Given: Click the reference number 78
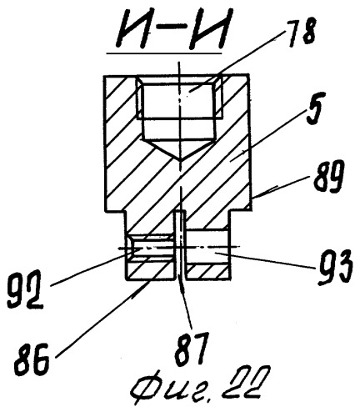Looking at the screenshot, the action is coord(301,34).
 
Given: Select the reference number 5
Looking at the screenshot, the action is coord(315,110).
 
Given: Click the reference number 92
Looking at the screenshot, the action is coord(24,291).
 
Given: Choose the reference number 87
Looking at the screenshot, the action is coord(192,347).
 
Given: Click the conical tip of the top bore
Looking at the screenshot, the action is coord(180,160).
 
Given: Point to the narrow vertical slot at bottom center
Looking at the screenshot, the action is coord(182,245).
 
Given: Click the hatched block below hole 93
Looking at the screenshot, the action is coord(208,272).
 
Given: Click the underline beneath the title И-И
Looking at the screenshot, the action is coord(164,53).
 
